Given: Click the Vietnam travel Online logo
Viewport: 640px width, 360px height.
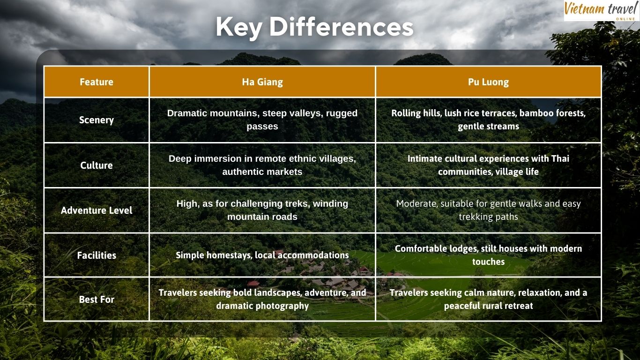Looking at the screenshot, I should [x=601, y=10].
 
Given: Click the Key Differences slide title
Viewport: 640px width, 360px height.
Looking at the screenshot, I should [x=314, y=27].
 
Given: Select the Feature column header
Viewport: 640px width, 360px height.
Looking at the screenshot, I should [x=97, y=82].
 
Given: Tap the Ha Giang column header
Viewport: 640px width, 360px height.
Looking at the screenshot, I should [x=262, y=82].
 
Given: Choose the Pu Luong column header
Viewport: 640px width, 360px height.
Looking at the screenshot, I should [x=488, y=82].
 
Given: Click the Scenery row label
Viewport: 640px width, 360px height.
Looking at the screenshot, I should [x=97, y=120].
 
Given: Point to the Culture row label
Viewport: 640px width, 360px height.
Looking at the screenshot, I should [x=97, y=165].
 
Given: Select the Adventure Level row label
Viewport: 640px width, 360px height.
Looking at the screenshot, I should [x=97, y=210].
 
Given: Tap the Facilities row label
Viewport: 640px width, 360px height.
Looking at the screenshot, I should [x=97, y=255].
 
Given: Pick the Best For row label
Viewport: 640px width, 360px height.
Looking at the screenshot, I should [x=97, y=299].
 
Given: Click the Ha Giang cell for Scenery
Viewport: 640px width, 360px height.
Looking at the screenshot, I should [x=262, y=120].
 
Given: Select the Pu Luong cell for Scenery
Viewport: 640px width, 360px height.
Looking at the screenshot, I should [x=488, y=120].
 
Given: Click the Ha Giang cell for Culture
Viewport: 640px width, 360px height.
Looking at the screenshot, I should [x=262, y=165].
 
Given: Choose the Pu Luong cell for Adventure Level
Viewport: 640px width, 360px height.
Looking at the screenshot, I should [x=488, y=210].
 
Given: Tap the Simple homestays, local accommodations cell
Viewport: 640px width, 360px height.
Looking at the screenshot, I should [x=262, y=255].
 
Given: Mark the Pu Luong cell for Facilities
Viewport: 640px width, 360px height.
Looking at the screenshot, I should [x=488, y=255].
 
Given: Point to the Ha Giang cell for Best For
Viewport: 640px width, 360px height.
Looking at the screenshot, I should [x=262, y=299].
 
